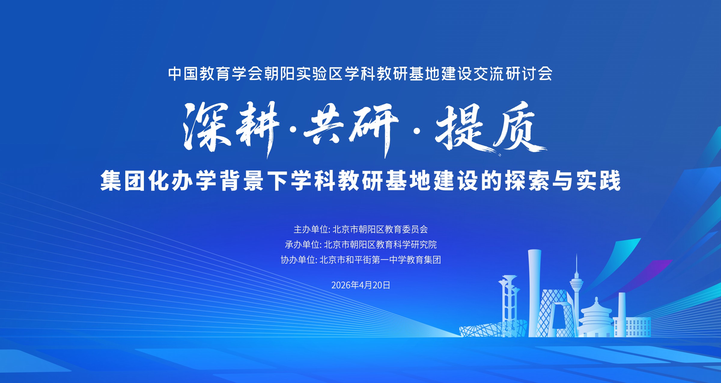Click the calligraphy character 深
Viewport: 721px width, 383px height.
click(x=207, y=127)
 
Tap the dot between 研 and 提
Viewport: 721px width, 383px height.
click(x=417, y=130)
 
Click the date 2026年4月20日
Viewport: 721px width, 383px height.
click(x=360, y=285)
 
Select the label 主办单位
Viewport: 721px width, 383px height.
click(x=311, y=229)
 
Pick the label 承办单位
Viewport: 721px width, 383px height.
click(x=302, y=245)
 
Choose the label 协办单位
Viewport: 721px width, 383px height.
click(x=298, y=260)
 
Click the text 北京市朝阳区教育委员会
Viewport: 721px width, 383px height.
click(x=380, y=229)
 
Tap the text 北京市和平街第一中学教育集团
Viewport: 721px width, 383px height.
click(x=380, y=260)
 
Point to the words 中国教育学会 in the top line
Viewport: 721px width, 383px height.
click(x=215, y=74)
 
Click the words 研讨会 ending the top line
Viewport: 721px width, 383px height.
click(x=529, y=74)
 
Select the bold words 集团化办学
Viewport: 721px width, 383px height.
click(x=158, y=180)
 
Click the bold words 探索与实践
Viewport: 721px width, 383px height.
click(x=563, y=180)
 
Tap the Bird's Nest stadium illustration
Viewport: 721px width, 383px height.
click(x=493, y=329)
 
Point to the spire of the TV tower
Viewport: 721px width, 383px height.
click(x=576, y=263)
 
